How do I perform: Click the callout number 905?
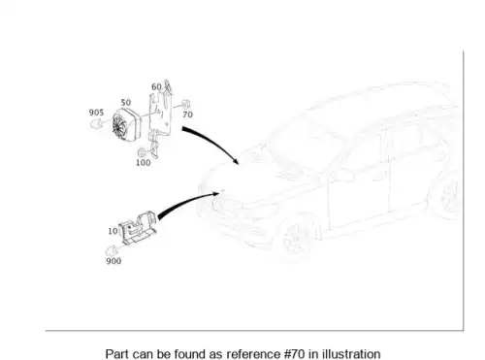96,113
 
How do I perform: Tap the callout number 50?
126,103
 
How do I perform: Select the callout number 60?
156,86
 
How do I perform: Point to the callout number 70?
188,115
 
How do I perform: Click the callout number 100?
144,163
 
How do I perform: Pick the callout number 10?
113,231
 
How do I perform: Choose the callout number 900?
113,261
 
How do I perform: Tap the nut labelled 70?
185,105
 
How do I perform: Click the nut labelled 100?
142,152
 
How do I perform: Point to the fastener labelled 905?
96,123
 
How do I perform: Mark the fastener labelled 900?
112,250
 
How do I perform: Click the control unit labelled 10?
138,227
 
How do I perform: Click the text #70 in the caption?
295,354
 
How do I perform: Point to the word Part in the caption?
116,354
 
